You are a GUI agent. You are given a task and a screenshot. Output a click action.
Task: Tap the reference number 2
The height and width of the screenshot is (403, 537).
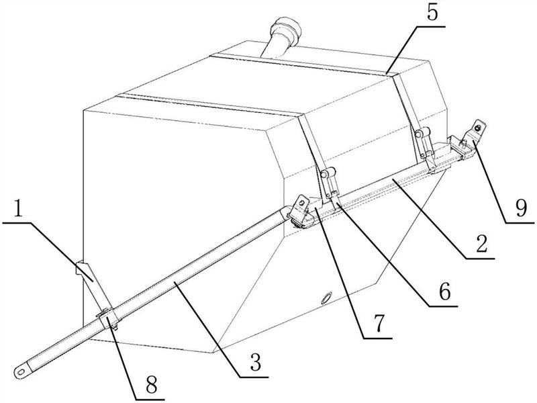[x=481, y=244]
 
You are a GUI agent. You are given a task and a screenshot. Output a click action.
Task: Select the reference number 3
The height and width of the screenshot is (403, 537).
[x=255, y=362]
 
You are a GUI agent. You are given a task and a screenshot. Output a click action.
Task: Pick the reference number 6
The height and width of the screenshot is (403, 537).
[x=444, y=292]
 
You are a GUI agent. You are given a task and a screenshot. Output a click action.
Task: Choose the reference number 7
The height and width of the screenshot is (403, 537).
[x=378, y=324]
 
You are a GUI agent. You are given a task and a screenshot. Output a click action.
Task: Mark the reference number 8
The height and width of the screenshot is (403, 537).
[x=151, y=385]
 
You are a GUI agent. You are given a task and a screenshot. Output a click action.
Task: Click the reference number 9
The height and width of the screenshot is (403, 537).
[x=521, y=208]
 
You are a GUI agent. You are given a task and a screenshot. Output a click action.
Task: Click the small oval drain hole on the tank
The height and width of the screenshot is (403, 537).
[x=326, y=297]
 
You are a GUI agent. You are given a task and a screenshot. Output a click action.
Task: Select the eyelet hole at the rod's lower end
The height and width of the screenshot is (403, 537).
[x=21, y=371]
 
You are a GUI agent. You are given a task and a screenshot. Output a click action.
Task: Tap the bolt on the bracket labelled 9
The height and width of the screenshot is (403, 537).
[x=478, y=128]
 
